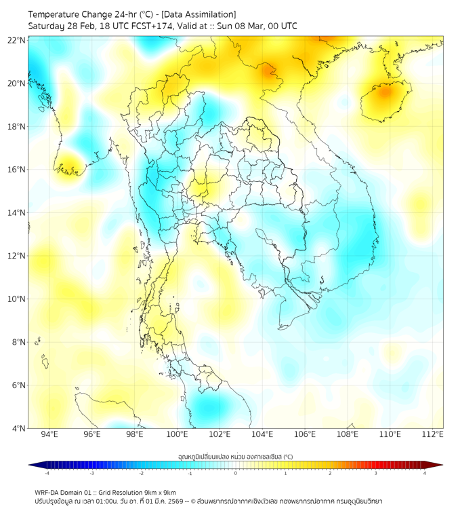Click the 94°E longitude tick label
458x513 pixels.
pyautogui.click(x=49, y=434)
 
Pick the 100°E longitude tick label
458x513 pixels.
pyautogui.click(x=177, y=434)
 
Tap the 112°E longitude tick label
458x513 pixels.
pyautogui.click(x=432, y=434)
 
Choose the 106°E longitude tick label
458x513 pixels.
pyautogui.click(x=305, y=434)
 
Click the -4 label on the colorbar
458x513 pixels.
pyautogui.click(x=46, y=474)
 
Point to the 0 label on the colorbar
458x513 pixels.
pyautogui.click(x=236, y=474)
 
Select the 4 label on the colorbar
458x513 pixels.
pyautogui.click(x=425, y=474)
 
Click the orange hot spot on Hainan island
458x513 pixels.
pyautogui.click(x=386, y=91)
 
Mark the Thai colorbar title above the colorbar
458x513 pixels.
pyautogui.click(x=235, y=456)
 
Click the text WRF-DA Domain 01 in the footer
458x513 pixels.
pyautogui.click(x=65, y=492)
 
